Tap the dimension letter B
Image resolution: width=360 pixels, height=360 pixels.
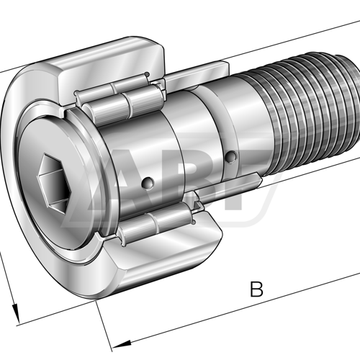point(256,289)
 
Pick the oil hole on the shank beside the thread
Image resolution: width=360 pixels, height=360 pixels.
point(232,156)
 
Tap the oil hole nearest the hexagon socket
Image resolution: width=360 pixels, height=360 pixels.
point(148,183)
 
